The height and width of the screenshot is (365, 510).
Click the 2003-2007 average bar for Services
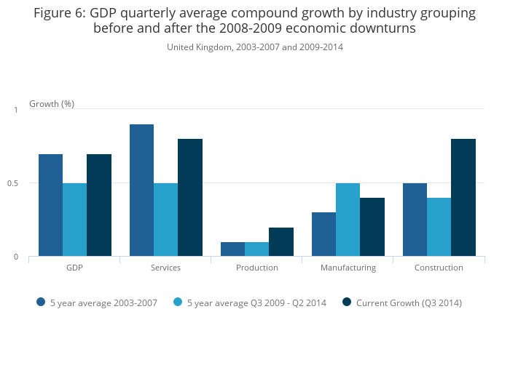pos(141,190)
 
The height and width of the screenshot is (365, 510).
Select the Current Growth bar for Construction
pos(463,198)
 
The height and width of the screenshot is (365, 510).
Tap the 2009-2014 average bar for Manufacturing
pos(348,220)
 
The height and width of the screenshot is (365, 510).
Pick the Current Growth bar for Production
pos(281,242)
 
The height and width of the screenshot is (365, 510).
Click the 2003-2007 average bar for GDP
pos(50,205)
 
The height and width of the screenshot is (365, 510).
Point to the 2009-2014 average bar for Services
pos(165,220)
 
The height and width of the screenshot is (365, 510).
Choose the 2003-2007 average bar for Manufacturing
pos(323,234)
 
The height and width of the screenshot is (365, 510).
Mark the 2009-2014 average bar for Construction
pos(439,227)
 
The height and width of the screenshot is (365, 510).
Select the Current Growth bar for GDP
pos(99,205)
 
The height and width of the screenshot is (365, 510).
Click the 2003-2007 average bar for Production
pos(232,249)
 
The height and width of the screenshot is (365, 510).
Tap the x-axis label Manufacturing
pos(348,268)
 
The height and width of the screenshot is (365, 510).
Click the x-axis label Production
pos(257,268)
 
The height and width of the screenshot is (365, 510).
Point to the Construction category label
pos(439,268)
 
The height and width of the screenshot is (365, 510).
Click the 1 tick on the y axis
pos(15,110)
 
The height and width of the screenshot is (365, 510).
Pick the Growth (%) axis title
pos(52,104)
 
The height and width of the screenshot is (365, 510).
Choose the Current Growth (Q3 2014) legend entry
pos(409,302)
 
